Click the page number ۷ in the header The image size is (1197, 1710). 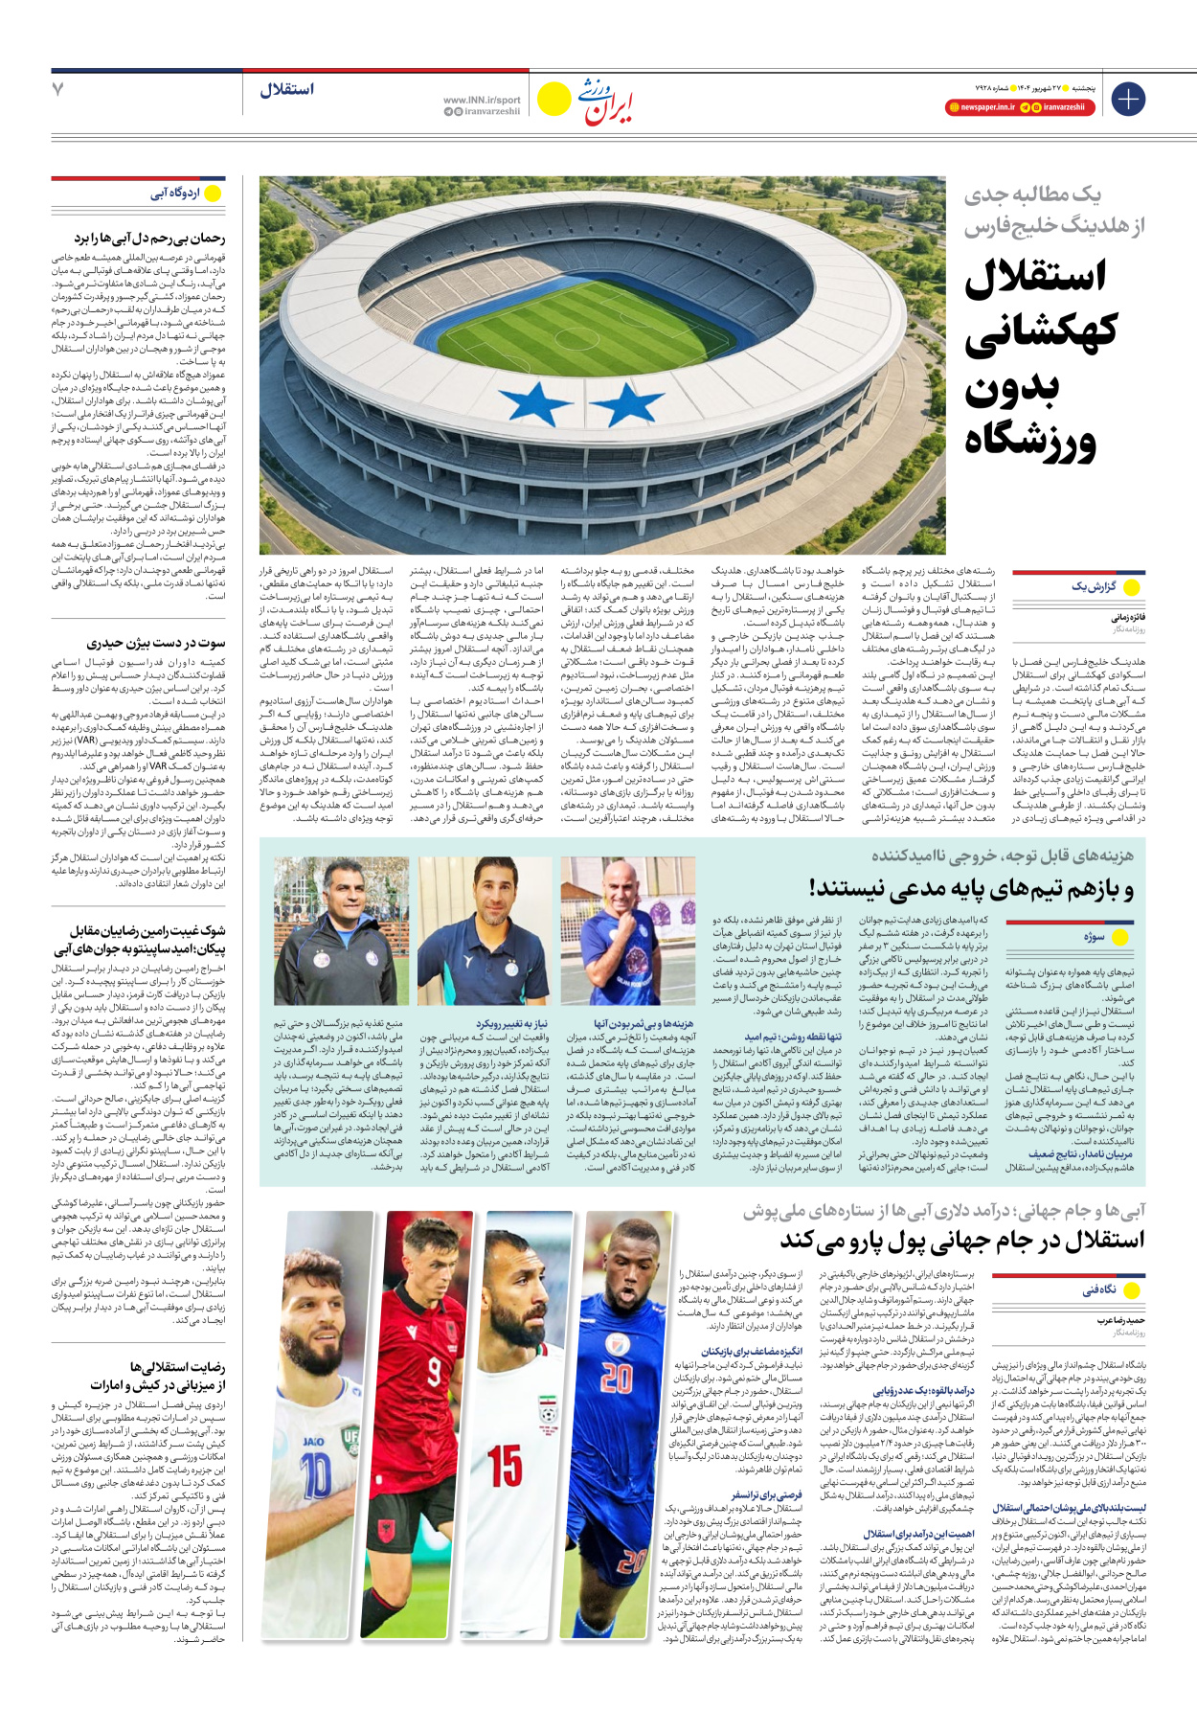(57, 90)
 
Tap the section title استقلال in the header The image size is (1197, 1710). (286, 90)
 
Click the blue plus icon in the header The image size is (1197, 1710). (1128, 99)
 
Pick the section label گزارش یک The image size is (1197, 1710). (1093, 586)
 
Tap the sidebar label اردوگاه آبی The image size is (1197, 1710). (175, 194)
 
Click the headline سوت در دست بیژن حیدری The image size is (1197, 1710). (156, 643)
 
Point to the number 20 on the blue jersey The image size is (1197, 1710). (617, 1379)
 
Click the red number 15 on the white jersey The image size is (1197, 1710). (505, 1465)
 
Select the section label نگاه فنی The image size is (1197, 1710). (1099, 1289)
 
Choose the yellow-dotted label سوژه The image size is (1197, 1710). (1094, 937)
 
